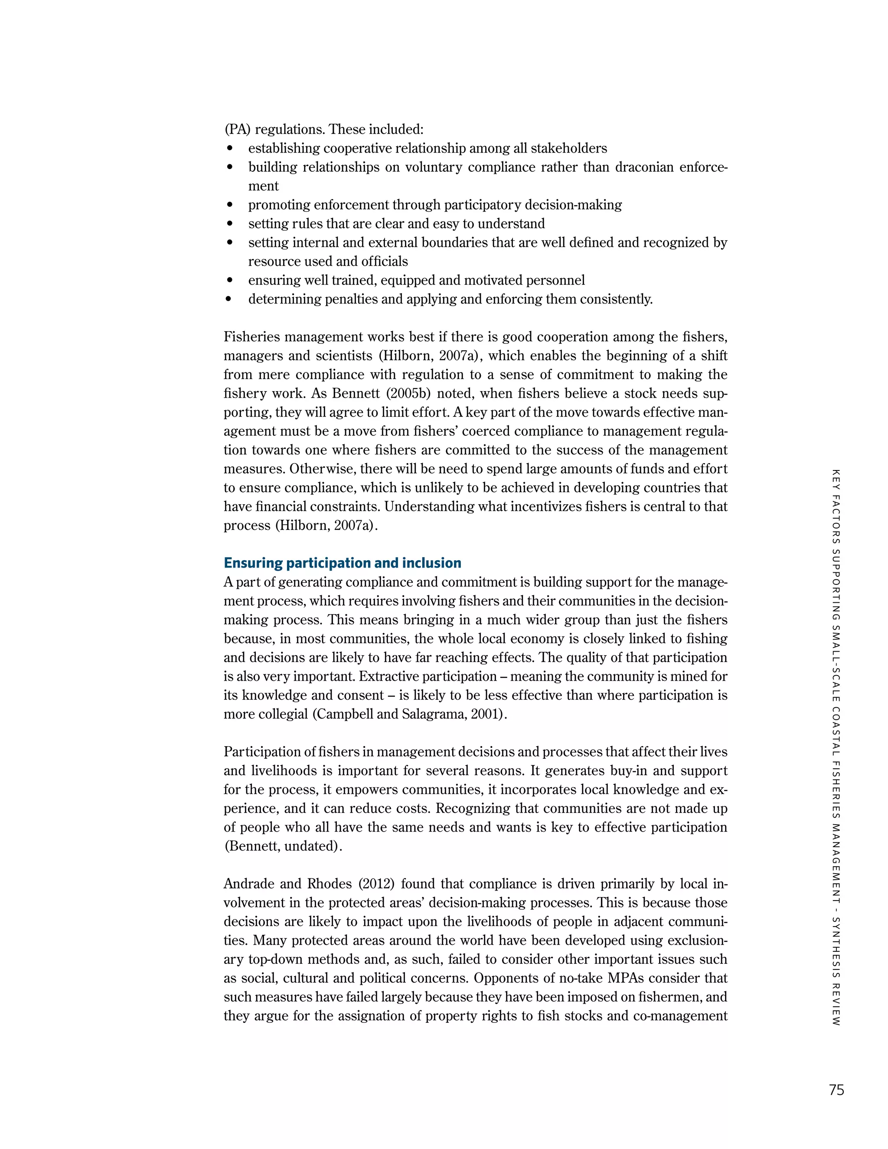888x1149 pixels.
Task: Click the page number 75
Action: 836,1090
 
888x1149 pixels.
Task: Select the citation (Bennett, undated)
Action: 283,846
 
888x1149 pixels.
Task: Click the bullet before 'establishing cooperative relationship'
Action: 229,149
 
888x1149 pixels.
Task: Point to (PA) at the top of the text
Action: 237,129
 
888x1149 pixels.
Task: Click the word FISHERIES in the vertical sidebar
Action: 836,790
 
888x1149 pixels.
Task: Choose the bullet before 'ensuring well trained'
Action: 229,281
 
